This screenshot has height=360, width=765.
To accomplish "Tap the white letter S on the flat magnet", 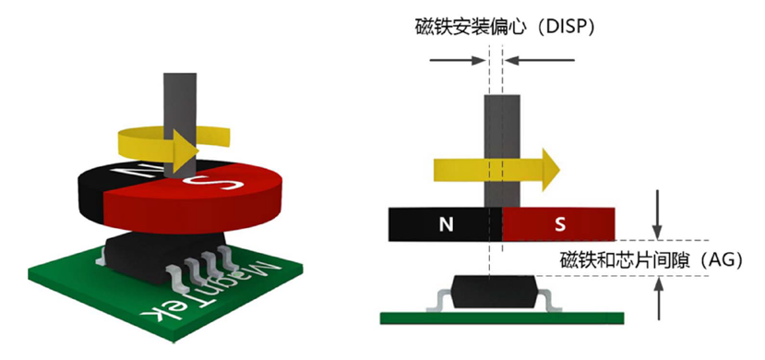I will [x=560, y=222].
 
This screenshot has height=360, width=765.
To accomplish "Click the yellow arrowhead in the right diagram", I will [x=548, y=167].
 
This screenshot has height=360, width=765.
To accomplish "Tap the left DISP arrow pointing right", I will [x=458, y=62].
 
